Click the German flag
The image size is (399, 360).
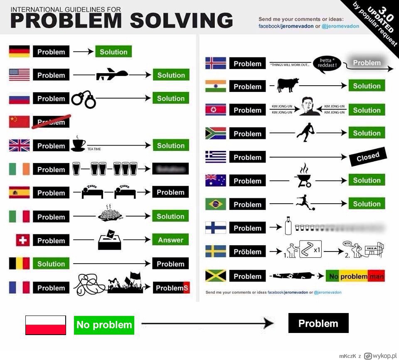click(19, 52)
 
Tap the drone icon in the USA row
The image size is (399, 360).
click(111, 75)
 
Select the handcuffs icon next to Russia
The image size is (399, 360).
click(83, 99)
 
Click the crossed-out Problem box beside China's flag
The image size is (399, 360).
click(52, 121)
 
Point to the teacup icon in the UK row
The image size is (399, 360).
click(78, 143)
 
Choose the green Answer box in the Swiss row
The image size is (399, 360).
click(170, 240)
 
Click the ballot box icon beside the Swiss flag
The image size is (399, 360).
click(109, 240)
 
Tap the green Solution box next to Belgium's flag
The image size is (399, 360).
click(51, 264)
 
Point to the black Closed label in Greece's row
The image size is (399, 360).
click(368, 157)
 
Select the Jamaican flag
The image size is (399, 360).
click(216, 276)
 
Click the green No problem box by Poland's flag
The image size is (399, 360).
click(104, 325)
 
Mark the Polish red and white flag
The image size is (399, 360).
click(46, 325)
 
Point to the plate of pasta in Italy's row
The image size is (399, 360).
click(111, 214)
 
